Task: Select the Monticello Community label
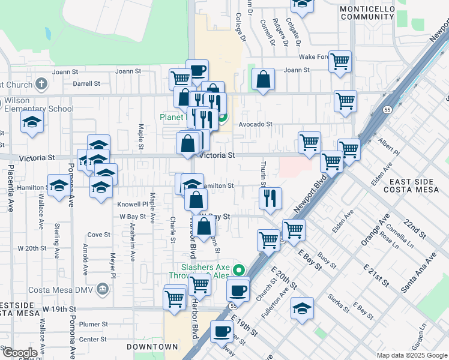tap(367, 13)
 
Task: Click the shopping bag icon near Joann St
tap(263, 79)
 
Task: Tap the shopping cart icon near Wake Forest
tap(340, 61)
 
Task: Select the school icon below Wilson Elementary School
tap(32, 123)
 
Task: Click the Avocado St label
tap(255, 125)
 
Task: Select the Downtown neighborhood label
tap(152, 347)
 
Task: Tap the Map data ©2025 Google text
tap(411, 355)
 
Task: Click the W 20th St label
tap(32, 248)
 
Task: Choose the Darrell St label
tap(86, 83)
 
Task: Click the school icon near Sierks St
tap(303, 308)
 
